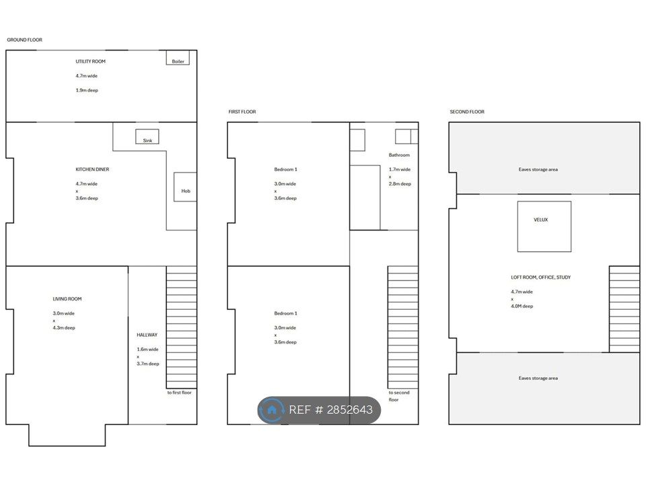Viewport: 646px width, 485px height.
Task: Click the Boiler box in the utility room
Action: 178,57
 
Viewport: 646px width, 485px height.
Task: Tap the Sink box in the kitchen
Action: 147,137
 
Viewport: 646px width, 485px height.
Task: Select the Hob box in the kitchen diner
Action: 185,187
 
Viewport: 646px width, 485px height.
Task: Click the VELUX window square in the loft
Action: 544,226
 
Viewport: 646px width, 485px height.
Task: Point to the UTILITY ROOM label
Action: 90,61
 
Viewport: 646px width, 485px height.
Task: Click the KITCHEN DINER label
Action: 92,170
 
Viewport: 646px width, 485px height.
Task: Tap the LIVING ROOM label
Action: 67,299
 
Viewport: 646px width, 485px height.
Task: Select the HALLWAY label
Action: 147,335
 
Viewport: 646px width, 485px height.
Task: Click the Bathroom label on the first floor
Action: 399,155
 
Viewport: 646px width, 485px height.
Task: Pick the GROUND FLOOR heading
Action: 25,40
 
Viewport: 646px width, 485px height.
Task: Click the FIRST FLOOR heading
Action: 242,112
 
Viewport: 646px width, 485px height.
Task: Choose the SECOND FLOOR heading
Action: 467,112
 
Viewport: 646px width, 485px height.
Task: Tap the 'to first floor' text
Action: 179,393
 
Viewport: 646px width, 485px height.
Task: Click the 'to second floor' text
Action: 399,396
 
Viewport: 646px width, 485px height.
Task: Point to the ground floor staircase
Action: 181,327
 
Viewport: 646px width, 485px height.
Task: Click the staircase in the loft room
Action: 624,309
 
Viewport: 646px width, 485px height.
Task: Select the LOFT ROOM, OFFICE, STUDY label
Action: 541,278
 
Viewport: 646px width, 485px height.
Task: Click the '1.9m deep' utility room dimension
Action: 87,90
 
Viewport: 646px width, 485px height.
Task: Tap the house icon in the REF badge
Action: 271,410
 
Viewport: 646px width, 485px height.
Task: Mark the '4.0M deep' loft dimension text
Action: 522,306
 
